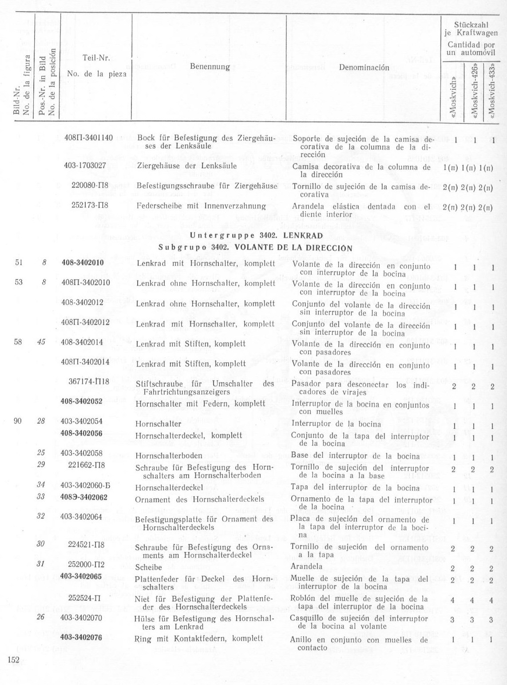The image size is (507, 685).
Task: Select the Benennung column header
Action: [x=210, y=67]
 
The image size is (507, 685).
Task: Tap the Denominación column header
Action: [x=364, y=67]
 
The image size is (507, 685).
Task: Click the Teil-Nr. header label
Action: [x=96, y=58]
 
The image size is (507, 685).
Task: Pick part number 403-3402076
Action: [x=81, y=637]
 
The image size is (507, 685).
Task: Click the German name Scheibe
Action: [x=148, y=567]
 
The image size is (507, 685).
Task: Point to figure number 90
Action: [x=18, y=421]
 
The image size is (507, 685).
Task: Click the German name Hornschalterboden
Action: [x=169, y=455]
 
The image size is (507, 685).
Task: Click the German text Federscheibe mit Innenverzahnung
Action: [x=201, y=206]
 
